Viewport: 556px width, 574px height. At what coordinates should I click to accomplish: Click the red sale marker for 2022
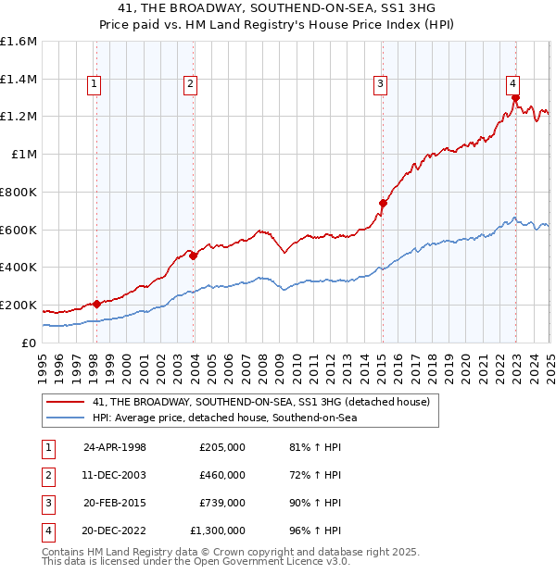(515, 97)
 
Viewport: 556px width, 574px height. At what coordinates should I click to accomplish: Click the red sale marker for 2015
(383, 203)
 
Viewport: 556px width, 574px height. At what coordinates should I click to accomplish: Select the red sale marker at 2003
(194, 256)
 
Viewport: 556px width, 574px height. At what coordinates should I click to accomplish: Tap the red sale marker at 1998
(96, 304)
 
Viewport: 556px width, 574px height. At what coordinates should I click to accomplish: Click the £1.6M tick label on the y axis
(19, 42)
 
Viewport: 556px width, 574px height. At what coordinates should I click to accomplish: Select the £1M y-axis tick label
(23, 155)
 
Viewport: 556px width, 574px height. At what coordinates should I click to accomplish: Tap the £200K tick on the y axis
(19, 305)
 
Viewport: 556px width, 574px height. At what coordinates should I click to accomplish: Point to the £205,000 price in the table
(221, 447)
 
